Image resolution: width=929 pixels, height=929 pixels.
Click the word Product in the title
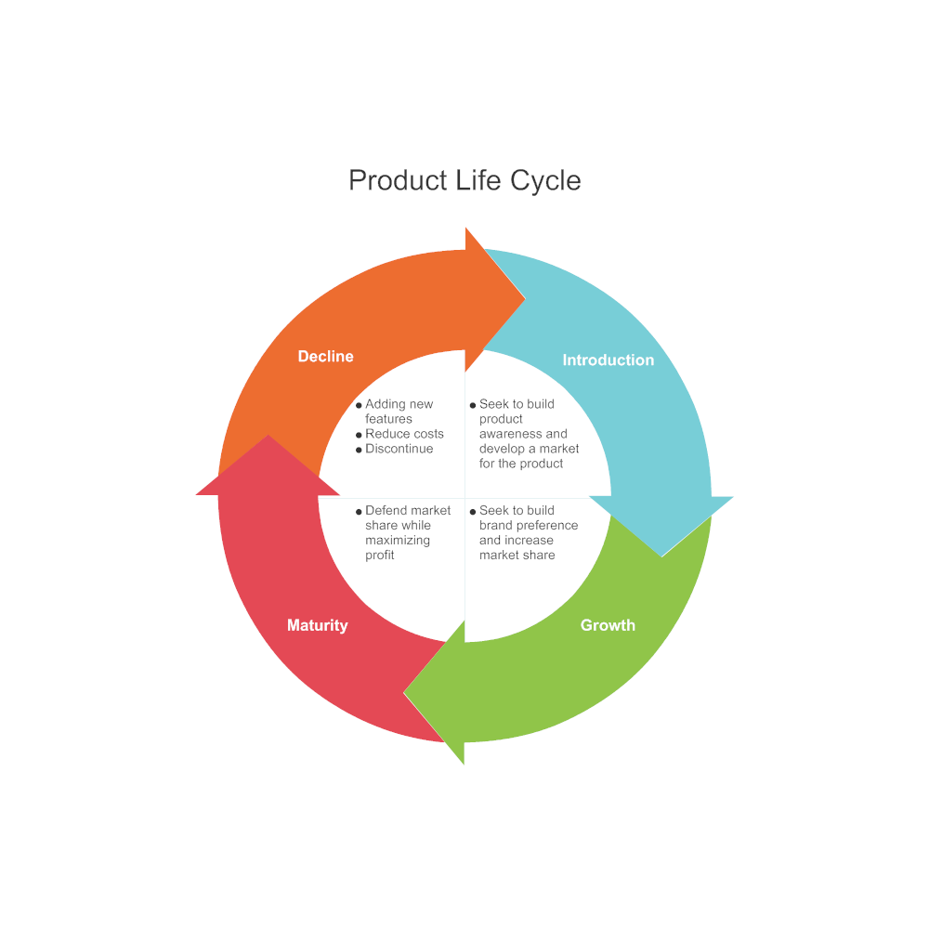point(398,180)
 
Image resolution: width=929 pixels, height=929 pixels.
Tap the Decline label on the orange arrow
point(325,357)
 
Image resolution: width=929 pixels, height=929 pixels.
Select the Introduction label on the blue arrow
point(608,360)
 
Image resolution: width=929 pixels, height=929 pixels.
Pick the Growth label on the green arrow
point(608,625)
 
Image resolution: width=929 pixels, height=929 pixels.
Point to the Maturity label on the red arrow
point(317,625)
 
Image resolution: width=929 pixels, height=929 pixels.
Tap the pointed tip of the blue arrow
point(661,555)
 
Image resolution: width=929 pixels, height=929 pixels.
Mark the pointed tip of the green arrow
point(406,691)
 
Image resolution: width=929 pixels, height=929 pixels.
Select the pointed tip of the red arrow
point(268,437)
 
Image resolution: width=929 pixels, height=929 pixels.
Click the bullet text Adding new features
point(399,412)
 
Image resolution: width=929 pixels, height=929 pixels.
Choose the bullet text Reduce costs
point(404,434)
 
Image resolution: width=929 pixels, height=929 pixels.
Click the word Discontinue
point(399,449)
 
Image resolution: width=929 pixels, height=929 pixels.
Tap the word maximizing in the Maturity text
point(398,540)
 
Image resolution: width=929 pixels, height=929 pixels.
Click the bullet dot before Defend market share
point(359,512)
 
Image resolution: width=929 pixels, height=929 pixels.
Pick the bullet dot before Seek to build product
point(473,406)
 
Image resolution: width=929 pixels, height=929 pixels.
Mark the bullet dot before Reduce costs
point(359,436)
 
